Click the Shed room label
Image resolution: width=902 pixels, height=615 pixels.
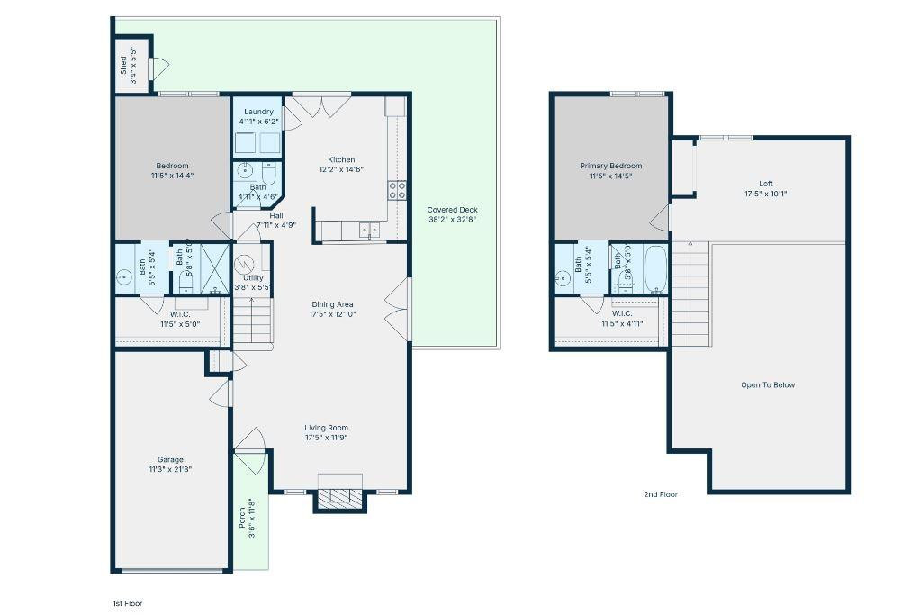click(x=123, y=65)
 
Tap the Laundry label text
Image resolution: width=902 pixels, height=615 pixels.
click(x=258, y=112)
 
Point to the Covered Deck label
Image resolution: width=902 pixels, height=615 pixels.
click(x=453, y=209)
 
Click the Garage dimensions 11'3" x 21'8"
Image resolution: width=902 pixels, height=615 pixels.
click(x=170, y=469)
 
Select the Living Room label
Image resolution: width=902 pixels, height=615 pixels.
click(x=326, y=428)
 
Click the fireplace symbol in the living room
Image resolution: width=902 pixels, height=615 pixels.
click(x=339, y=497)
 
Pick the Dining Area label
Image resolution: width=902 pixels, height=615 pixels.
click(x=333, y=304)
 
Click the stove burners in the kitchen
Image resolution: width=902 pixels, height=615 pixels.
click(x=396, y=189)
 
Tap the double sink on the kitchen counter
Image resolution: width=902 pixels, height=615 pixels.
click(x=369, y=231)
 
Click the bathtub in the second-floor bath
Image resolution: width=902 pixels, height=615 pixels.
click(x=655, y=268)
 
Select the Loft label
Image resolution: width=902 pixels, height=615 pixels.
click(x=765, y=184)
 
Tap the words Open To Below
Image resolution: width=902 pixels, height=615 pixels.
click(x=768, y=384)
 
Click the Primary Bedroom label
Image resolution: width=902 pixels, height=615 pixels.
click(x=610, y=166)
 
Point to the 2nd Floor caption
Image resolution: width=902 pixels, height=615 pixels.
click(x=661, y=494)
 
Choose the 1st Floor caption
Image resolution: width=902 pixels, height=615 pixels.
click(x=126, y=603)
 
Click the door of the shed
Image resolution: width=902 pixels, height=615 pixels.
click(x=159, y=67)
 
